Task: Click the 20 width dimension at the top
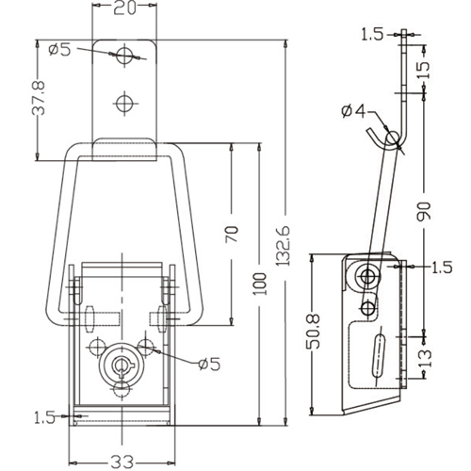point(124,8)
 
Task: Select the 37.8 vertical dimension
point(39,98)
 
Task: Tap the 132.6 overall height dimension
point(284,246)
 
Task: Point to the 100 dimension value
point(260,284)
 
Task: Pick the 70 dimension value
point(232,234)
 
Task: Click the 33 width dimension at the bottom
point(122,462)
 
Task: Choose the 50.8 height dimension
point(313,331)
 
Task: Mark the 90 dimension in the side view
point(424,211)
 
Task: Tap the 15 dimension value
point(424,70)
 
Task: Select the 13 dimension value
point(425,358)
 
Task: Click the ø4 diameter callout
point(354,112)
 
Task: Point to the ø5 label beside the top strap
point(60,50)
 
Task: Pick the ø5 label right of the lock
point(209,364)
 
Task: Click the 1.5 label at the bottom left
point(44,418)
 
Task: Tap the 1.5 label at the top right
point(372,35)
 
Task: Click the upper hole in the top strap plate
point(124,56)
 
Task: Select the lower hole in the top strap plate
point(124,104)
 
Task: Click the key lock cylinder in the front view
point(120,365)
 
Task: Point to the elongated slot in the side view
point(379,356)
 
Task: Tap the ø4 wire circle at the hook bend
point(393,138)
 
